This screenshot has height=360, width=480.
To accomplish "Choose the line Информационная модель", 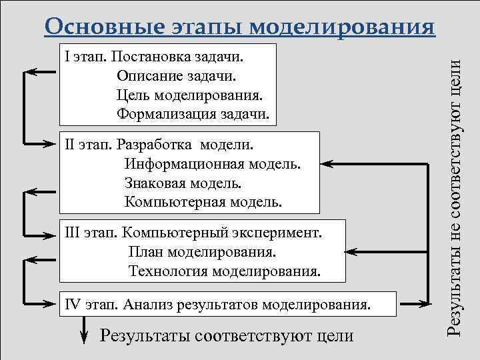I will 212,163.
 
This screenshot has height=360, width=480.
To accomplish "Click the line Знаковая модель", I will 183,181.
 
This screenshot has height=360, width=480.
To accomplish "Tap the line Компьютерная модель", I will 203,200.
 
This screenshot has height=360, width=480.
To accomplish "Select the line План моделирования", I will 203,253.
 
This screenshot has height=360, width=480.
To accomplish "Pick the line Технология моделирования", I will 224,271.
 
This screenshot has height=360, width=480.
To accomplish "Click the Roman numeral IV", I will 74,305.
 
